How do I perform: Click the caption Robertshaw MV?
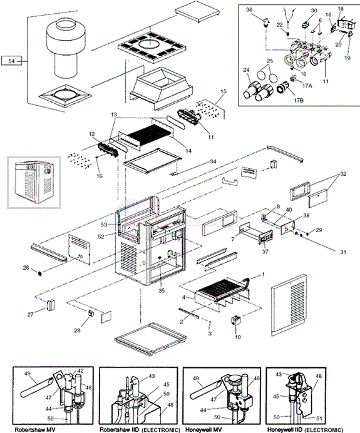(x=34, y=429)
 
